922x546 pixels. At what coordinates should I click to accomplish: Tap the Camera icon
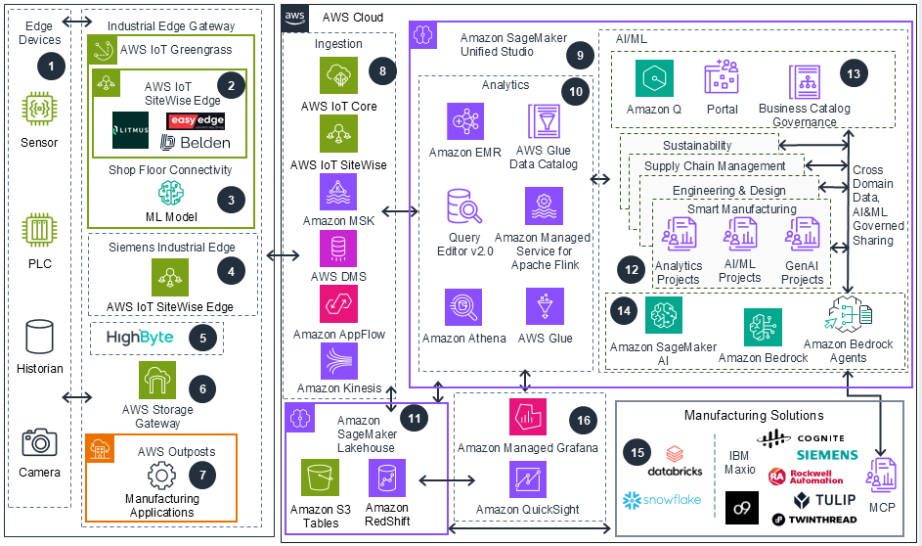click(x=40, y=442)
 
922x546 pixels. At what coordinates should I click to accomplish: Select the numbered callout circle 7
click(x=202, y=473)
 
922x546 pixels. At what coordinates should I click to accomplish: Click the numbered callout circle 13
click(x=854, y=73)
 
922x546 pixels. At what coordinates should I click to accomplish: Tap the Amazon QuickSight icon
click(x=528, y=480)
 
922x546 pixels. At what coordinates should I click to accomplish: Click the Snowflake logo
click(x=648, y=501)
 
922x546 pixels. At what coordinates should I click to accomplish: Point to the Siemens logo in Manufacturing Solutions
click(x=826, y=455)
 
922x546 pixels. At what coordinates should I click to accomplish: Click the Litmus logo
click(x=130, y=130)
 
